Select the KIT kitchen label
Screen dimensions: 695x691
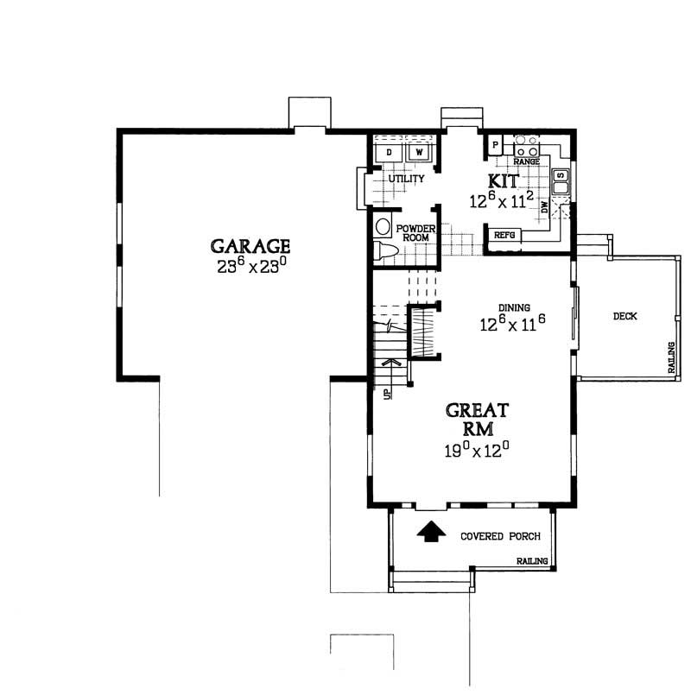(504, 182)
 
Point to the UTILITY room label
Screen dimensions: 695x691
(405, 180)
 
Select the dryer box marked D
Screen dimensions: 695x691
(390, 153)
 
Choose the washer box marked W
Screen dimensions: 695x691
(420, 153)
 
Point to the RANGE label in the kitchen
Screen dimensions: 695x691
(526, 161)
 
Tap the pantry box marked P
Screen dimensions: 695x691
(496, 144)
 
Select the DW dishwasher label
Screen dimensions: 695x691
(544, 208)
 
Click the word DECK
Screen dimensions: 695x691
(624, 317)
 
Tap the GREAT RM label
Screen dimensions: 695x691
(478, 420)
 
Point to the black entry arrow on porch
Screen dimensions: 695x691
(429, 531)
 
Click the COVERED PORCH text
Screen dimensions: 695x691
(500, 535)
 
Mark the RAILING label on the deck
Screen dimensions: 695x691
(670, 357)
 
